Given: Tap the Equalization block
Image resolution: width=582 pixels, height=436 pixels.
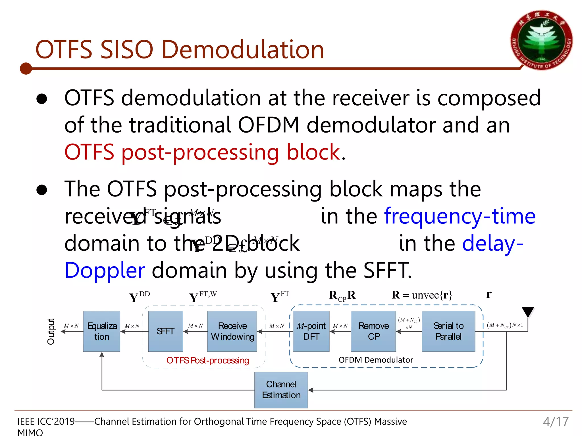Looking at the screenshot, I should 101,331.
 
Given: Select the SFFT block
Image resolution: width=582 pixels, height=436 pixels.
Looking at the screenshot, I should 165,331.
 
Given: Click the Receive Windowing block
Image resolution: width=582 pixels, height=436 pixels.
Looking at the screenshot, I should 232,331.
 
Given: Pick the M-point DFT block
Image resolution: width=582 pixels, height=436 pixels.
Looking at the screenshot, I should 311,331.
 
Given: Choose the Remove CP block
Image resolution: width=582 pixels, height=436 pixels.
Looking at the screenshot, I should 373,331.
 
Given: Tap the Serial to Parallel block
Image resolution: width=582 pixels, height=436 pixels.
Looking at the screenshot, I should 448,331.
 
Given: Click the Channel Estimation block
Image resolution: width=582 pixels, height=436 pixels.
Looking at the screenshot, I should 281,390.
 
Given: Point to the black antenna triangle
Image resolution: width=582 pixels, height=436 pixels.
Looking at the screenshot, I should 528,311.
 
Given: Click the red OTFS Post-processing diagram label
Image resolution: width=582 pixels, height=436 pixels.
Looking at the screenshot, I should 207,360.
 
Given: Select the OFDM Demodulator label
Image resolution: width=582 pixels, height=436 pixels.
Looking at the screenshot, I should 376,360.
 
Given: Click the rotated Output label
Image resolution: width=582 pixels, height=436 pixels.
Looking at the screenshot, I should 51,331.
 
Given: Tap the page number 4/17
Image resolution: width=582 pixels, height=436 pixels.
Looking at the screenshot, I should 556,422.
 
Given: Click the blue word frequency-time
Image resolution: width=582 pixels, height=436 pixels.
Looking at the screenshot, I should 460,216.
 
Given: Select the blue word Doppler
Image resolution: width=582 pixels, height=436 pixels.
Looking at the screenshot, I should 105,270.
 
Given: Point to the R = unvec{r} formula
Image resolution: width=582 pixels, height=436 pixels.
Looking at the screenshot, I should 422,295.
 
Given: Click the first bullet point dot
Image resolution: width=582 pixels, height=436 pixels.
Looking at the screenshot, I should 42,98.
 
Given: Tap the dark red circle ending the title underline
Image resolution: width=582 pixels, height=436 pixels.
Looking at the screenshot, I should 26,68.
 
